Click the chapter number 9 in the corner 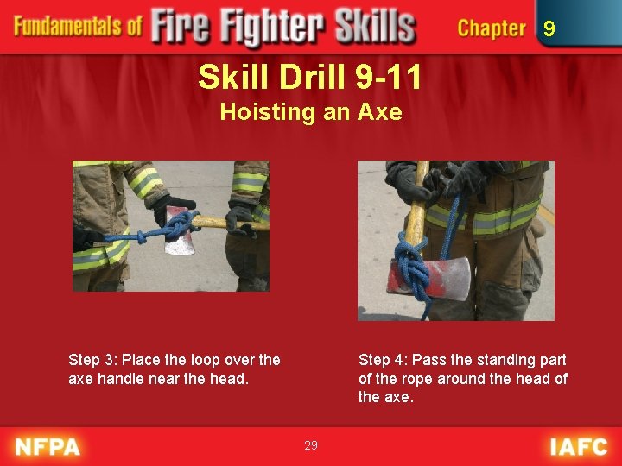pos(549,28)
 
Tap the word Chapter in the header pos(492,28)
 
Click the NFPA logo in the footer pos(48,447)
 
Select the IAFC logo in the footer pos(579,447)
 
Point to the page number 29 pos(311,445)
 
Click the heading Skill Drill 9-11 pos(309,77)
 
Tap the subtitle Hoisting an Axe pos(311,111)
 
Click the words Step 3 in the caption pos(92,360)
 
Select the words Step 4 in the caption pos(383,360)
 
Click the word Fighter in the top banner pos(273,26)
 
